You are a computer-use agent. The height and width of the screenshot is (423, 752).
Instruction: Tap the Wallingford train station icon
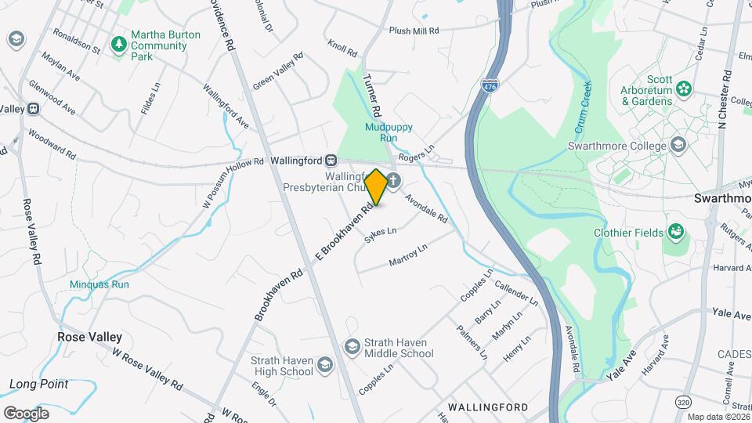pos(331,161)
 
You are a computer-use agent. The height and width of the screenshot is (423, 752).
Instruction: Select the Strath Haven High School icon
pos(325,365)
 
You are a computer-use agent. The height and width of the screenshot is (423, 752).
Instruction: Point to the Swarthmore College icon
pos(678,145)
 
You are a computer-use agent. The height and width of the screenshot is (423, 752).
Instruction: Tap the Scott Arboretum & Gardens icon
pos(685,89)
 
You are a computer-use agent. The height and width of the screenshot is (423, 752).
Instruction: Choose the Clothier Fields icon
pos(674,232)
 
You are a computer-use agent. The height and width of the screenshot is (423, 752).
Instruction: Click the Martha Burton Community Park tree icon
pos(118,44)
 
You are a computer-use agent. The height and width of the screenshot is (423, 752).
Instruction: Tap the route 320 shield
pos(683,402)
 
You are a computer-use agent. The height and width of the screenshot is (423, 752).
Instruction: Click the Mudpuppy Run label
pos(389,132)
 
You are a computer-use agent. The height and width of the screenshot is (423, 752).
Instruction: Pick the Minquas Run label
pos(99,285)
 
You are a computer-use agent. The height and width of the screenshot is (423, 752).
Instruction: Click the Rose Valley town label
pos(89,337)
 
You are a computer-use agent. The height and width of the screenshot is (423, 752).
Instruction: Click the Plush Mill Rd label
pos(414,31)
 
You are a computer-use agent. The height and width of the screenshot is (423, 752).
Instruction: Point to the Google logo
pos(26,413)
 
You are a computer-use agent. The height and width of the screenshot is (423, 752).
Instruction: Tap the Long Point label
pos(38,384)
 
